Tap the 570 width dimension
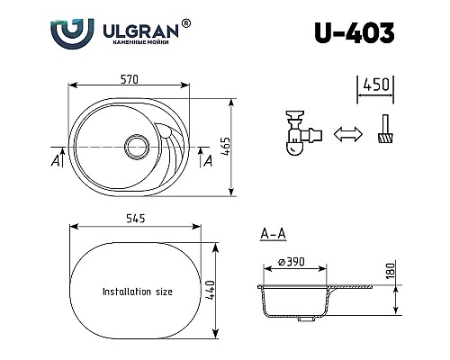click(130, 80)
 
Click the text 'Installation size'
click(138, 292)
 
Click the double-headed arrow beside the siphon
click(343, 136)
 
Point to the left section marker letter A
click(57, 160)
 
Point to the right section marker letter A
click(208, 160)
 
